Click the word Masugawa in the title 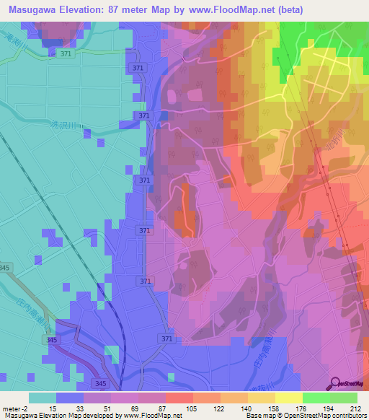click(30, 9)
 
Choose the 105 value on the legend click(178, 408)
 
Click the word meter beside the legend click(13, 408)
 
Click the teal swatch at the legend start click(42, 398)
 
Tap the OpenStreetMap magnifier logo click(334, 382)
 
